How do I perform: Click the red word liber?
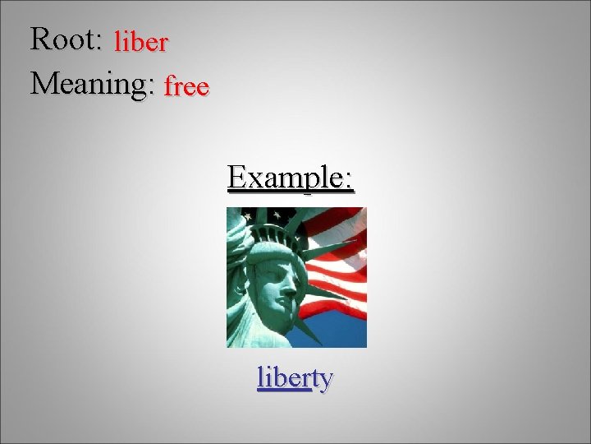(x=141, y=42)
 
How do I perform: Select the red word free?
(x=186, y=86)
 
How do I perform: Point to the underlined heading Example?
(x=291, y=177)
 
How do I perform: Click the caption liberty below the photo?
(x=295, y=377)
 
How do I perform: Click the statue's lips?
(x=289, y=302)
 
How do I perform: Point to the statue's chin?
(x=285, y=317)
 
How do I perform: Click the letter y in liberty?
(x=325, y=380)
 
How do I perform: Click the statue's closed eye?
(x=283, y=268)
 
